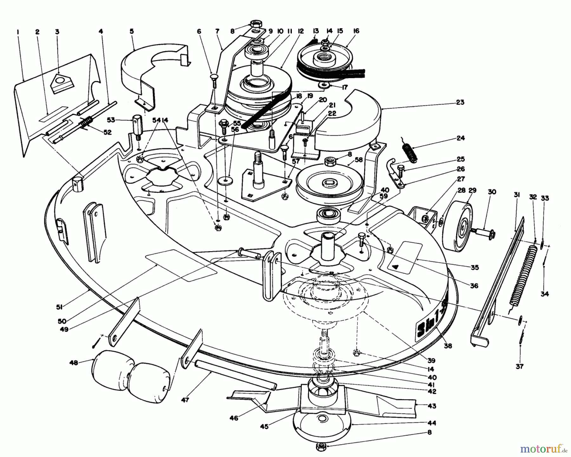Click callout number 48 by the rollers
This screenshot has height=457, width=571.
[x=73, y=362]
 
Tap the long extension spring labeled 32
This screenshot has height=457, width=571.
[x=522, y=275]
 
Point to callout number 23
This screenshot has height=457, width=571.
[x=460, y=103]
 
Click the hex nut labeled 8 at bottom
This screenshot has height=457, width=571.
[x=320, y=447]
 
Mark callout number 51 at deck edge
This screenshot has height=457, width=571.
[x=59, y=306]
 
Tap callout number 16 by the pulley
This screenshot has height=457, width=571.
[x=356, y=31]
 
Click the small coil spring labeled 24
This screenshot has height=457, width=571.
[x=408, y=152]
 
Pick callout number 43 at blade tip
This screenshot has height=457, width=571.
[x=432, y=406]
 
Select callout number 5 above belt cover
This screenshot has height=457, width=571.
[x=132, y=31]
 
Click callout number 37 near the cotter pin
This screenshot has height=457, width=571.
[x=519, y=366]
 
